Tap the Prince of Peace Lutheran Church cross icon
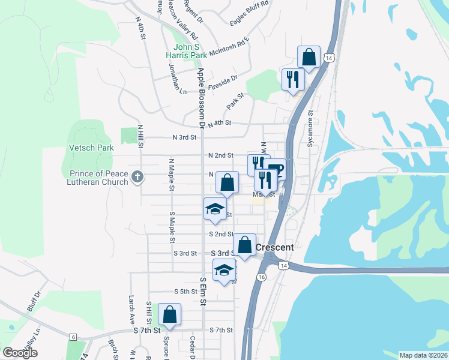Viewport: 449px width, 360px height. pyautogui.click(x=137, y=176)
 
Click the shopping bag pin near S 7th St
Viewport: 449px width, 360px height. pyautogui.click(x=170, y=314)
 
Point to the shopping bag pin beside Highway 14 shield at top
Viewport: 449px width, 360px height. pyautogui.click(x=309, y=58)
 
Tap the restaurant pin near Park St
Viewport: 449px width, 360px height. pyautogui.click(x=293, y=79)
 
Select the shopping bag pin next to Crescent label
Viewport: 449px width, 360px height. pyautogui.click(x=244, y=245)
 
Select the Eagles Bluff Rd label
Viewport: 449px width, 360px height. pyautogui.click(x=249, y=13)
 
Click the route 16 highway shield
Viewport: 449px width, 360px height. pyautogui.click(x=261, y=277)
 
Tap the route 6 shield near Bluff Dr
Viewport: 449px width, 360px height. pyautogui.click(x=73, y=337)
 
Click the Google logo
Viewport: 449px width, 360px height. pyautogui.click(x=20, y=353)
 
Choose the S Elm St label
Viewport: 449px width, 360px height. pyautogui.click(x=203, y=291)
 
